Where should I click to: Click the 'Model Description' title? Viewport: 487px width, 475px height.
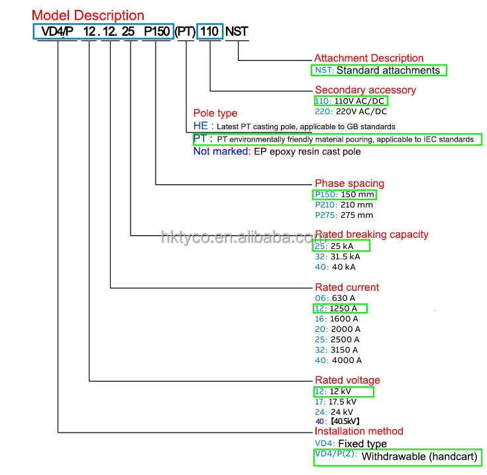(88, 15)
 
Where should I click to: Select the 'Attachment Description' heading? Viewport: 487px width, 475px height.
(368, 58)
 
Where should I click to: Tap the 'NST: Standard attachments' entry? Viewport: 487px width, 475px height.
(379, 70)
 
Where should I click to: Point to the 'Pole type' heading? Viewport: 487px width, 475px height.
(215, 113)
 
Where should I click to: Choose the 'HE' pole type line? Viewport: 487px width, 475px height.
(294, 126)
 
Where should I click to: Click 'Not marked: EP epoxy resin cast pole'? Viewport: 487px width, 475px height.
(277, 152)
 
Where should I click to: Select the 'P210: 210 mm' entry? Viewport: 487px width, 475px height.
(344, 205)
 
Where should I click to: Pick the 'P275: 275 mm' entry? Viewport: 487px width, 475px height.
(344, 215)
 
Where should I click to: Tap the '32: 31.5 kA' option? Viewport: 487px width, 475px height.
(337, 256)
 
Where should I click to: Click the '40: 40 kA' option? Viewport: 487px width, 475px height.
(335, 267)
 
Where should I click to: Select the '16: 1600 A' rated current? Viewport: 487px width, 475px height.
(337, 319)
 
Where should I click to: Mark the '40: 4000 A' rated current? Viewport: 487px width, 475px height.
(338, 360)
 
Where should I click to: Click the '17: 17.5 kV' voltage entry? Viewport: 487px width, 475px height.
(335, 402)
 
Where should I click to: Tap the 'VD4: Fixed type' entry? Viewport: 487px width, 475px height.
(351, 444)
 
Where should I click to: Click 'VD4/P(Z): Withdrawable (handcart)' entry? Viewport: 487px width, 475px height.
(397, 457)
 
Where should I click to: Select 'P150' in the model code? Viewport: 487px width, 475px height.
(157, 30)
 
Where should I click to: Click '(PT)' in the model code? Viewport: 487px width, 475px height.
(186, 30)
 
